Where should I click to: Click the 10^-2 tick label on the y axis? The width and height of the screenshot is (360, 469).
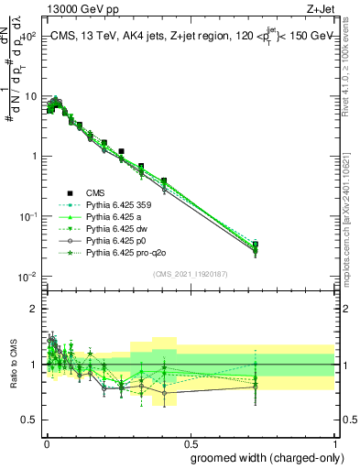[25, 277]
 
